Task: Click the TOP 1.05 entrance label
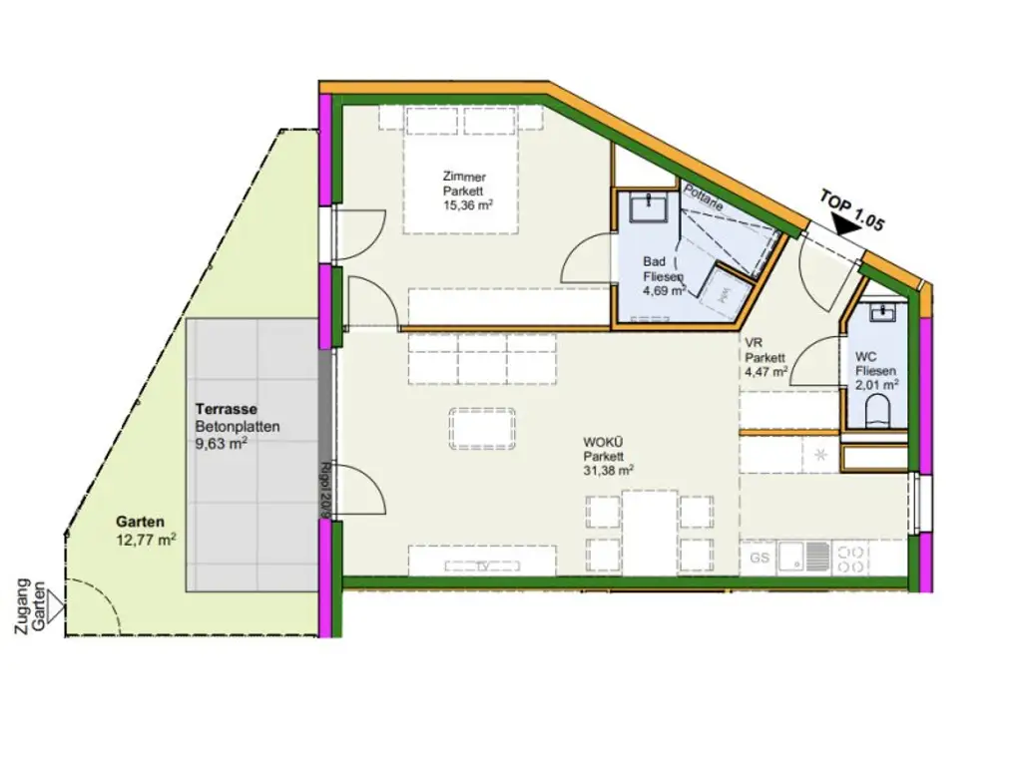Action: tap(852, 209)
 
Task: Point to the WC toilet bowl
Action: tap(877, 412)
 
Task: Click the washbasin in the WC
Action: tap(881, 313)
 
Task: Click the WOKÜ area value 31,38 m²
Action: tap(609, 471)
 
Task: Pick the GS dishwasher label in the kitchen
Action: tap(760, 559)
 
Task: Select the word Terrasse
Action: tap(227, 409)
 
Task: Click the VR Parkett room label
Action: tap(765, 357)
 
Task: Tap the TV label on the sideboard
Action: tap(481, 566)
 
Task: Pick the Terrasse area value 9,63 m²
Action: tap(221, 445)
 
